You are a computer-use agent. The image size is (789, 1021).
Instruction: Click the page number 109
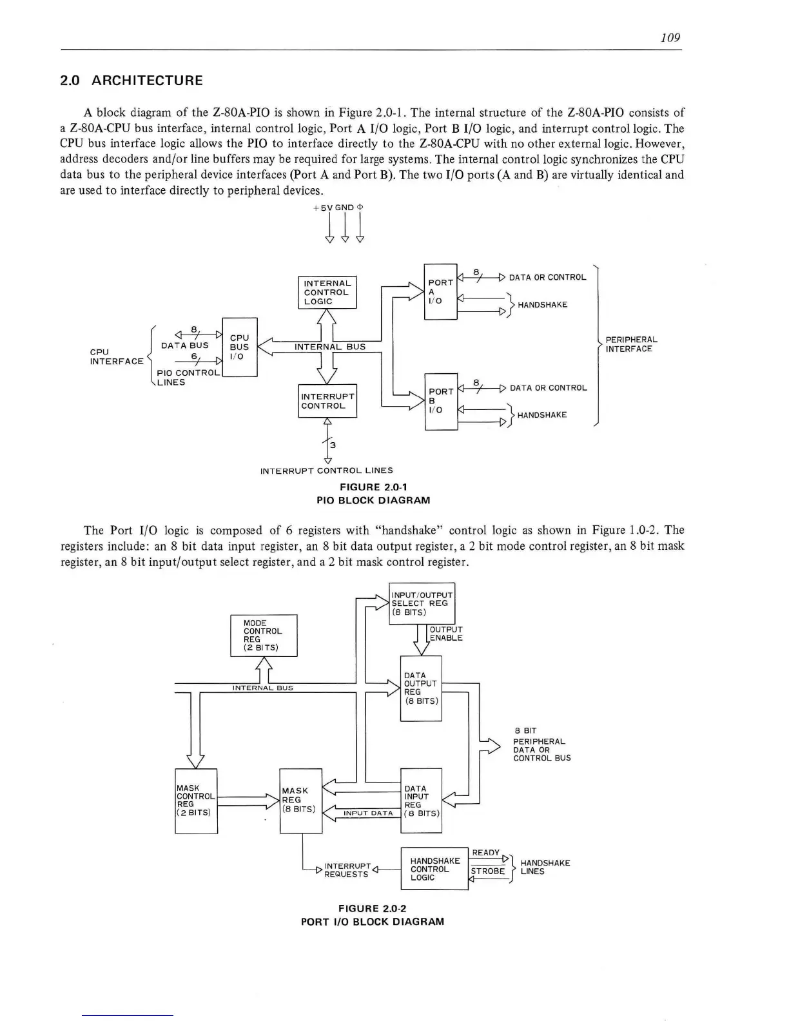pos(670,37)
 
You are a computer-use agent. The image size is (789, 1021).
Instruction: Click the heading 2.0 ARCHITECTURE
pos(131,81)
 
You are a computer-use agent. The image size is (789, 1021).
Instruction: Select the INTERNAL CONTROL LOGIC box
pos(327,292)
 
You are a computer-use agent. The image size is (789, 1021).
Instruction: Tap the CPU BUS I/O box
pos(239,347)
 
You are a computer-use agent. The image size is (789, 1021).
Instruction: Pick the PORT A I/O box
pos(440,291)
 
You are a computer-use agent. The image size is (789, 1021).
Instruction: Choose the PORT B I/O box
pos(440,400)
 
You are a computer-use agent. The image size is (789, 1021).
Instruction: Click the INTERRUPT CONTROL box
pos(327,401)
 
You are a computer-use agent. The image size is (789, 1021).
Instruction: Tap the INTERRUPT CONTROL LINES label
pos(326,471)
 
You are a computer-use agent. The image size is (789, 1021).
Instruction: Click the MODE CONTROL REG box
pos(264,636)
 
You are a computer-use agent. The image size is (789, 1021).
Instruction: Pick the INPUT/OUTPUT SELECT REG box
pos(422,603)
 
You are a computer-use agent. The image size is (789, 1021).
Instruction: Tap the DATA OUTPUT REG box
pos(421,688)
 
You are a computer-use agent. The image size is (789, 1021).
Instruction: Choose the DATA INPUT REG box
pos(421,801)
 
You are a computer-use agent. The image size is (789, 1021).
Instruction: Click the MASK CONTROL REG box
pos(196,801)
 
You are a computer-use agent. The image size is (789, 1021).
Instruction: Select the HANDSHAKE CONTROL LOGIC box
pos(434,869)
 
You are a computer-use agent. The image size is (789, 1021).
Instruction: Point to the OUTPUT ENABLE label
pos(446,634)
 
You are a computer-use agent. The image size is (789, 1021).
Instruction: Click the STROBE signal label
pos(488,871)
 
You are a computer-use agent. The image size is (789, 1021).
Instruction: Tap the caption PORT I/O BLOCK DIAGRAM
pos(373,922)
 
